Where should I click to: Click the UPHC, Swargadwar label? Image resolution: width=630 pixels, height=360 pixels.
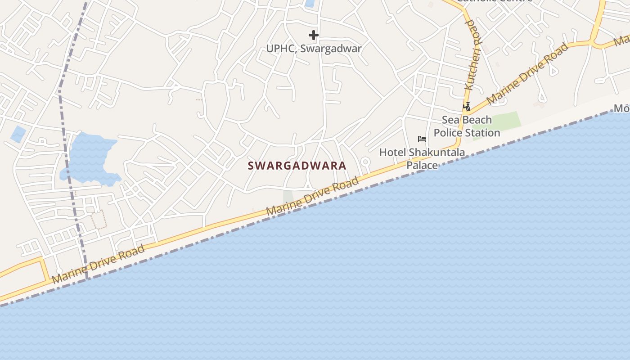coord(314,49)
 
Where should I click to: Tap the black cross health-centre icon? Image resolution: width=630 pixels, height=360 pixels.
coord(314,35)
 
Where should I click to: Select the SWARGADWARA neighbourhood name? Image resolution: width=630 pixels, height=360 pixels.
coord(297,166)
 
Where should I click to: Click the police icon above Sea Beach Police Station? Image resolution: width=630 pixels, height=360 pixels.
coord(467,107)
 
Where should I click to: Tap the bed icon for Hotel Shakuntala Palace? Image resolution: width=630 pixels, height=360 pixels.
coord(422,139)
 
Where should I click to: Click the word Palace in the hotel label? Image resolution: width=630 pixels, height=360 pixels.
coord(422,165)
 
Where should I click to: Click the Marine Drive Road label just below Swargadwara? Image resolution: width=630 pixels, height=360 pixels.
coord(312,196)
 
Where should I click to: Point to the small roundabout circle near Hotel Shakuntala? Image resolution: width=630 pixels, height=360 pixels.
coord(365,161)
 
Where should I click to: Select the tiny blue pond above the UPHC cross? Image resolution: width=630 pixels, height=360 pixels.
coord(310,3)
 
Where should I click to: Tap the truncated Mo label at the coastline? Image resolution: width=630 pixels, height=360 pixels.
coord(622,108)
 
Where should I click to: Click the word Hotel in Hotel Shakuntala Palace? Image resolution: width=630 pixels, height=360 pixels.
coord(392,153)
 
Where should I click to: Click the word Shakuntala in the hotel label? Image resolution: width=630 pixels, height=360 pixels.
coord(436,153)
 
